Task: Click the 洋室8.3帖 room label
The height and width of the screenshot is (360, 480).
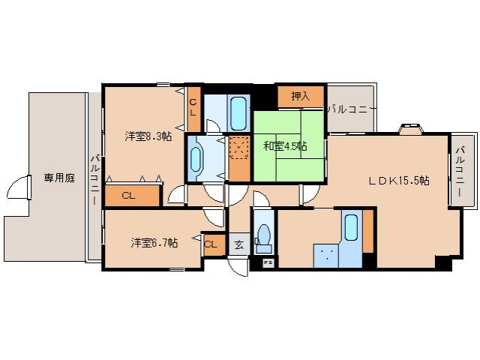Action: click(148, 136)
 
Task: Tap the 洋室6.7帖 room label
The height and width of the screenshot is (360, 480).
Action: click(154, 242)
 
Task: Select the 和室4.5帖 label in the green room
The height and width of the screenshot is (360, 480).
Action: click(284, 145)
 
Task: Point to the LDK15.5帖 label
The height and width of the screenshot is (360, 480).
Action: click(398, 180)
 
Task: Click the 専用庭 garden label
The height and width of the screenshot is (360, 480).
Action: click(58, 178)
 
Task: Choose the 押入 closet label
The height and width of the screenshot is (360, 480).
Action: click(300, 96)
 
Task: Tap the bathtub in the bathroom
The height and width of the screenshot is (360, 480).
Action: click(238, 112)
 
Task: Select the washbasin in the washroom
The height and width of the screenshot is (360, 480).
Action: click(196, 158)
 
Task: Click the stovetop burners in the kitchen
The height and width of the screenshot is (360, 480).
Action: click(325, 254)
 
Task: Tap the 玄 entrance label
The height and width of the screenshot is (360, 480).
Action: click(238, 244)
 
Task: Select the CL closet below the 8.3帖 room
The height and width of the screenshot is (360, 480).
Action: click(128, 196)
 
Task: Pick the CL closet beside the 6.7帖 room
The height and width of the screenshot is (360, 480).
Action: click(211, 244)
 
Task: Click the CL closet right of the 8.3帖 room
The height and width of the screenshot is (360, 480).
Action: click(193, 106)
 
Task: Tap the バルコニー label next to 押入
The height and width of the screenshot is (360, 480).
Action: click(350, 109)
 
